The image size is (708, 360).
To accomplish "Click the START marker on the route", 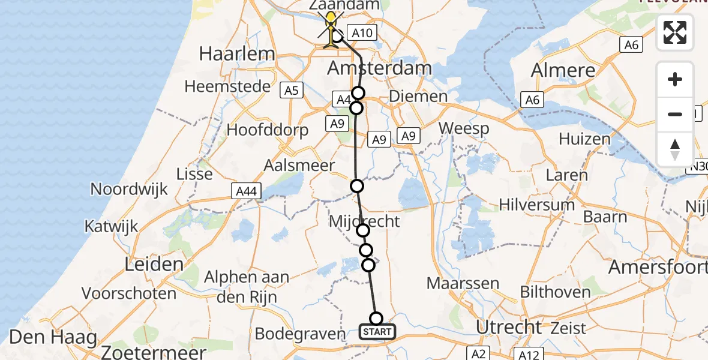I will point(377,331).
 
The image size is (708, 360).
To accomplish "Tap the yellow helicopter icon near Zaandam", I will point(331,28).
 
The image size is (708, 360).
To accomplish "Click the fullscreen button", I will point(675,32).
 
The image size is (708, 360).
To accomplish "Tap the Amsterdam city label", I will point(379,68).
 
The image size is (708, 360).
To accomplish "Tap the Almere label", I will point(563,70).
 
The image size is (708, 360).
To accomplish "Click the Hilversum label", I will point(537,205).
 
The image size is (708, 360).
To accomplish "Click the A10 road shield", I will point(362,34).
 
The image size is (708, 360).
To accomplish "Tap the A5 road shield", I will point(290,91).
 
